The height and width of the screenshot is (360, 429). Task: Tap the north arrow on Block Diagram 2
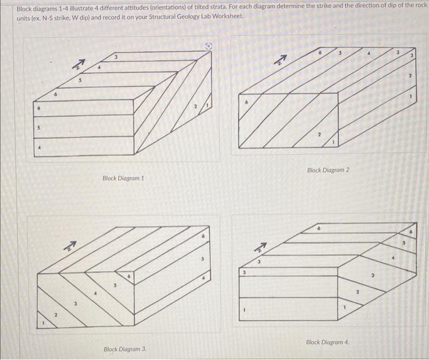coord(280,59)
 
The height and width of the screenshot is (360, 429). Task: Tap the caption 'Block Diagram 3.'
coord(125,349)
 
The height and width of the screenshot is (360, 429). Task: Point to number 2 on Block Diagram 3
coord(57,315)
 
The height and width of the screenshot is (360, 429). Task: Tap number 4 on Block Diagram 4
coord(393,260)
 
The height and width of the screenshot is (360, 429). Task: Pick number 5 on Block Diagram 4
coord(403,244)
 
